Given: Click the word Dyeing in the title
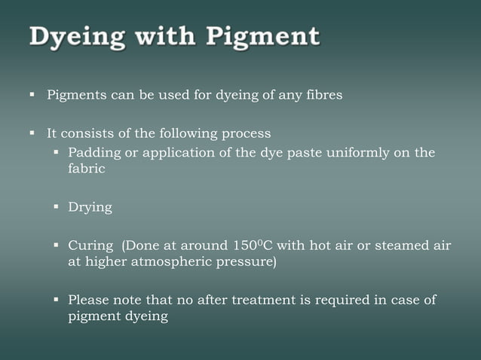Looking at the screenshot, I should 70,37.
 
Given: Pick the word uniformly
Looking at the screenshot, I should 358,153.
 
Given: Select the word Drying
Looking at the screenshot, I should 90,207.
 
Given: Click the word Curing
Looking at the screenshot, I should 90,246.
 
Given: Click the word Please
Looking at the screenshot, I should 89,300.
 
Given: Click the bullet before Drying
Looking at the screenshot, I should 57,206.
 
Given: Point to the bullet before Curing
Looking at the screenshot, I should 57,245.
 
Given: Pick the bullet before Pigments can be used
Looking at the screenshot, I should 33,95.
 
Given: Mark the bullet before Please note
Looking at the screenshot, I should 57,299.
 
